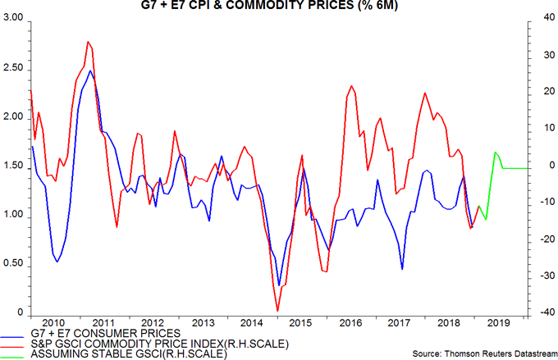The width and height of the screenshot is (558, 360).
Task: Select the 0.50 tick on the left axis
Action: click(11, 265)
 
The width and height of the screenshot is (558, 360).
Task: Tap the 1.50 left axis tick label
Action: click(11, 166)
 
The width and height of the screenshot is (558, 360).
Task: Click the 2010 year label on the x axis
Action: click(54, 322)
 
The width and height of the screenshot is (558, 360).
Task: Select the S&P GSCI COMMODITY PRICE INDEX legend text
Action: click(139, 343)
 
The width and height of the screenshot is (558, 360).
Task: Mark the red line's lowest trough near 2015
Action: click(277, 311)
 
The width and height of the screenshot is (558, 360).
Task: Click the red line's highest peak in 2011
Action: click(87, 41)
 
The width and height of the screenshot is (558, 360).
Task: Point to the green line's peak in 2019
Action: click(496, 153)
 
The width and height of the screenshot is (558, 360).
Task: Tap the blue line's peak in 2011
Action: click(90, 71)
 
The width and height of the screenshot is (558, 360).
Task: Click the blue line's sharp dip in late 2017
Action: click(402, 268)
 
